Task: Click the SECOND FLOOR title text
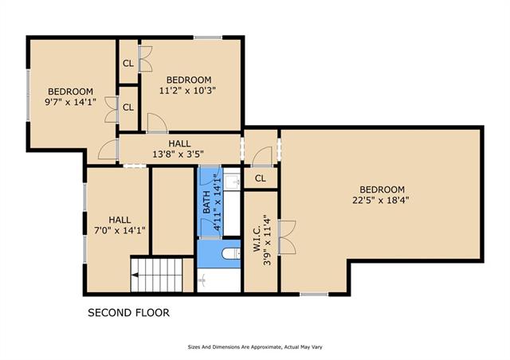[x=128, y=313]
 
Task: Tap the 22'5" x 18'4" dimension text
[x=381, y=200]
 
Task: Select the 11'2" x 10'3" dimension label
[x=188, y=91]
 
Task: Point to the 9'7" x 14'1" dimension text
[x=70, y=102]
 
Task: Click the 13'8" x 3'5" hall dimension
[x=178, y=154]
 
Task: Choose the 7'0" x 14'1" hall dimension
[x=120, y=230]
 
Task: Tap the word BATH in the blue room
[x=206, y=202]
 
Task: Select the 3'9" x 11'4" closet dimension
[x=268, y=240]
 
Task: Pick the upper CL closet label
[x=128, y=64]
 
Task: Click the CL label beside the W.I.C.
[x=261, y=178]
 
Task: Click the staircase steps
[x=157, y=275]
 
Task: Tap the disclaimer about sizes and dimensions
[x=255, y=347]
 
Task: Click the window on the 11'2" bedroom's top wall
[x=208, y=37]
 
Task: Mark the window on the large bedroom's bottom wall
[x=314, y=295]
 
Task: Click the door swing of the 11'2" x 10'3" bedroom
[x=158, y=123]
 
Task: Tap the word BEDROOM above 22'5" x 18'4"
[x=382, y=190]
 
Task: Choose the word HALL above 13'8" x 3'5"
[x=179, y=143]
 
